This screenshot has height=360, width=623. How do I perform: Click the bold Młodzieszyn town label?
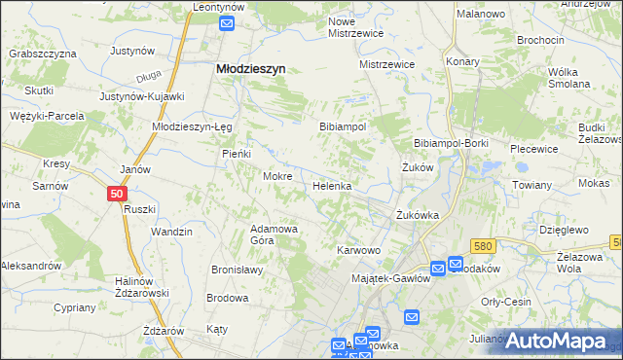click(x=249, y=69)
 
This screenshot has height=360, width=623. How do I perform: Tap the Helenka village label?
click(x=331, y=185)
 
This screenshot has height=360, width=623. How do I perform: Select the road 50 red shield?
click(x=117, y=195)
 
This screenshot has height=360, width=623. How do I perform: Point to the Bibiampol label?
click(x=343, y=127)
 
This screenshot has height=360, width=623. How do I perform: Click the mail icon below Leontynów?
click(x=228, y=24)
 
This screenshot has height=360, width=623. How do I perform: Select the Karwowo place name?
click(x=358, y=250)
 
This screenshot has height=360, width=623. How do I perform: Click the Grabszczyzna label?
click(x=45, y=54)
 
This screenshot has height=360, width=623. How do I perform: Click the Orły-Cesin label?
click(x=506, y=302)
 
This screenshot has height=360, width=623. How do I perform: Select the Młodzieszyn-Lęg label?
click(x=190, y=126)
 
